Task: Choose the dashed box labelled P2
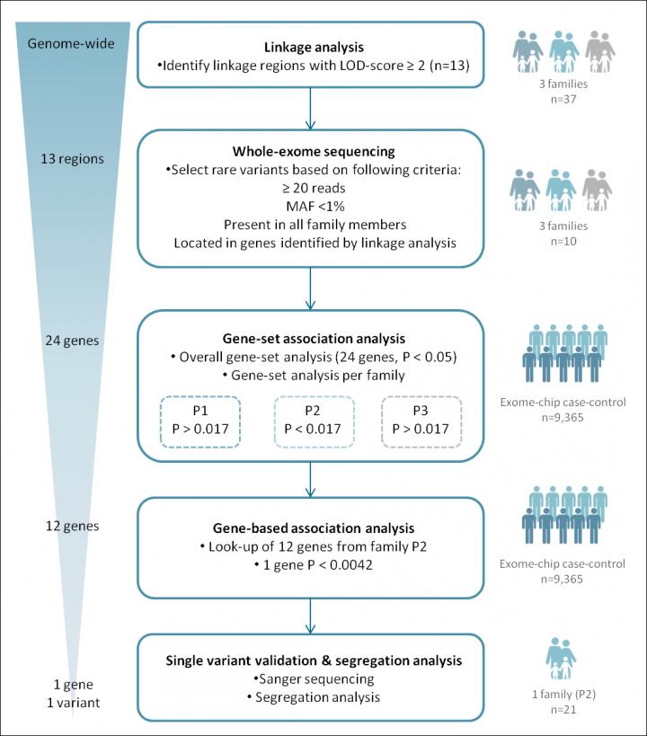click(x=312, y=421)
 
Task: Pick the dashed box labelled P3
click(x=421, y=421)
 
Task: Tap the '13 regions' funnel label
click(x=72, y=159)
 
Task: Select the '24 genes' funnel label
click(x=72, y=341)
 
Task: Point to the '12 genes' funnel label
click(x=72, y=526)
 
